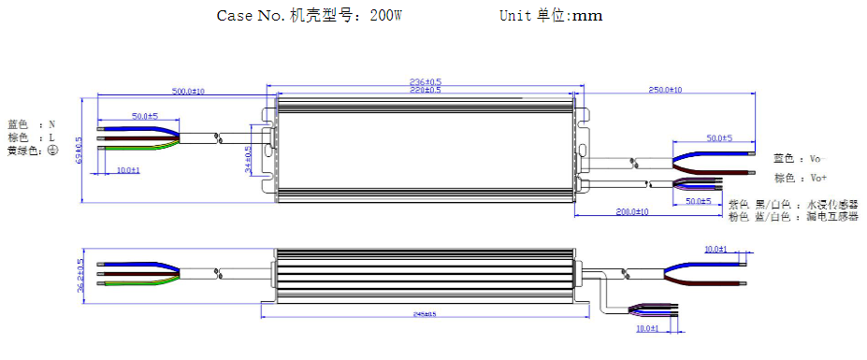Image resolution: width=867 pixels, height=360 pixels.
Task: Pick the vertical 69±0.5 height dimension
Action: tap(79, 151)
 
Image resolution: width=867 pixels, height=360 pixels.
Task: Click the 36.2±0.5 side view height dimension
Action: tap(79, 276)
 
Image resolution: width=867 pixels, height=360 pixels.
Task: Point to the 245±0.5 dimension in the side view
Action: tap(426, 314)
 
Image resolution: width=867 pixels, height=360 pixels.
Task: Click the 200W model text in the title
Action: tap(386, 16)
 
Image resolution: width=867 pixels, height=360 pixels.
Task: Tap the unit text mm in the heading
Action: tap(585, 16)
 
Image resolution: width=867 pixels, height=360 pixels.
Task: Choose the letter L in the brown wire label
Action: tap(52, 137)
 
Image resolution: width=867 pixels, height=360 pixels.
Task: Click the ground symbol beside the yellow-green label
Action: tap(52, 151)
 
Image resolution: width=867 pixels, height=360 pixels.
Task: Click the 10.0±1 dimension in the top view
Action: tap(128, 170)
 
